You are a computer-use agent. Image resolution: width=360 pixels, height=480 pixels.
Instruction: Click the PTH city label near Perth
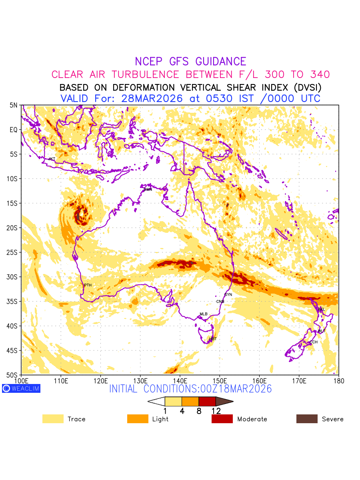pos(88,285)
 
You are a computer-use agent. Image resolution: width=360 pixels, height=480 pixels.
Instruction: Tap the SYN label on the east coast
pos(228,295)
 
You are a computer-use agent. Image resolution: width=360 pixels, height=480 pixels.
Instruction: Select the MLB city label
pos(204,314)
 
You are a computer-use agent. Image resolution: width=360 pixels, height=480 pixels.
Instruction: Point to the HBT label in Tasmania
pos(213,339)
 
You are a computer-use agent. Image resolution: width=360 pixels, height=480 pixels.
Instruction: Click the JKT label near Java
pos(52,159)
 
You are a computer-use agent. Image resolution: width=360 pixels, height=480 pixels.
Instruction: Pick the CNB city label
pos(220,302)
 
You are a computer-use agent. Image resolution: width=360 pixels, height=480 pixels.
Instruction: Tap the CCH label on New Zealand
pos(314,342)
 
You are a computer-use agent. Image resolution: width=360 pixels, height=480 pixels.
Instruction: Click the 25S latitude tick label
pos(14,252)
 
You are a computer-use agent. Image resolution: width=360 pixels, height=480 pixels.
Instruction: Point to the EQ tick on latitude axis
pos(14,130)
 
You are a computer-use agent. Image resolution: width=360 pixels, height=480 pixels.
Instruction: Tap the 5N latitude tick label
pos(14,105)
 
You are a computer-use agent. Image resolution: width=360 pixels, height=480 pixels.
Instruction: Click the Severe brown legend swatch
pos(306,419)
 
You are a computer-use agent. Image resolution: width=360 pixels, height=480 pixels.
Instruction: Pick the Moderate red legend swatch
pos(222,419)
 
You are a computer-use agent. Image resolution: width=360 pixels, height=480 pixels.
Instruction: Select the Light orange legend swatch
pos(137,419)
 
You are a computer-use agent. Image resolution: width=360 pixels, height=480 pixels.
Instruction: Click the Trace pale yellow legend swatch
pos(53,419)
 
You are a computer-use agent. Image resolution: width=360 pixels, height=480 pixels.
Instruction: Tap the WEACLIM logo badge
pos(21,388)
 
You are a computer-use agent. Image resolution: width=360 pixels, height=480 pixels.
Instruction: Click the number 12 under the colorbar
pos(216,411)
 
